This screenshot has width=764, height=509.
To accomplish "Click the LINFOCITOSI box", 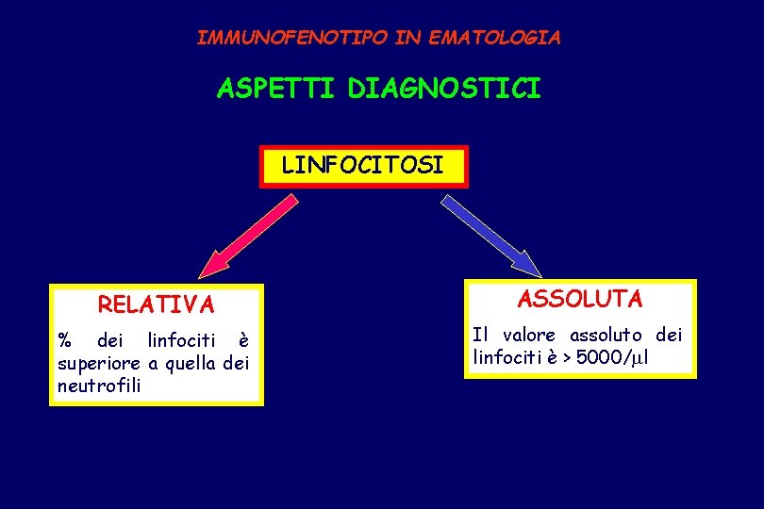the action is point(363,167).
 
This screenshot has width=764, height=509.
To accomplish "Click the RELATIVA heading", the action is point(157,305).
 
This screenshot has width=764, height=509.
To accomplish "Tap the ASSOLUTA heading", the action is point(580,300).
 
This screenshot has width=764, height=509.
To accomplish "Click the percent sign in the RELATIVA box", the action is point(65,339).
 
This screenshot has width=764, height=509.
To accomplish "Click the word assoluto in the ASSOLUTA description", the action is point(606,335).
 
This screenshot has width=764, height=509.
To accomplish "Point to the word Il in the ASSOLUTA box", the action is point(480,335).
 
